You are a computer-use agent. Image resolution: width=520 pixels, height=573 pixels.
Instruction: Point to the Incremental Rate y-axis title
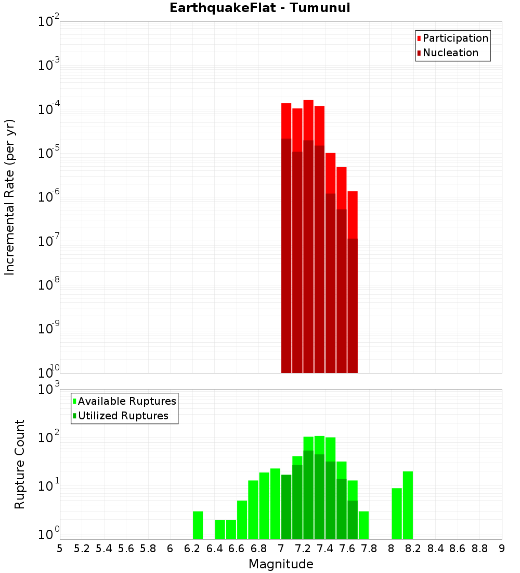[x=10, y=197]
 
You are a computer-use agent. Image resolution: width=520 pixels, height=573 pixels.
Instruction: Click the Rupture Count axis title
[x=20, y=464]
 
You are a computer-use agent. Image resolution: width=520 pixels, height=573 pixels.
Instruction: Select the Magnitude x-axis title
[x=281, y=564]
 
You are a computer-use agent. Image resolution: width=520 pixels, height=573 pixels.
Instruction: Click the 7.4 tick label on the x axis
[x=325, y=549]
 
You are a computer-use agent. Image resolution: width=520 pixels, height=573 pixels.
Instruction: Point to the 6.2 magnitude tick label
[x=192, y=549]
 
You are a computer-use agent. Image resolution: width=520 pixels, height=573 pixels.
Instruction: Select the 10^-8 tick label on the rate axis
[x=49, y=285]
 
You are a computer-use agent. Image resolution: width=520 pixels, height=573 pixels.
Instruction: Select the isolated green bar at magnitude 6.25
[x=198, y=525]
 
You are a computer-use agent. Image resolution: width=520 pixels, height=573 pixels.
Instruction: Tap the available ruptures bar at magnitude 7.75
[x=363, y=525]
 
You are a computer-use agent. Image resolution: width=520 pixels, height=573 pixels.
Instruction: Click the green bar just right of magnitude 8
[x=397, y=514]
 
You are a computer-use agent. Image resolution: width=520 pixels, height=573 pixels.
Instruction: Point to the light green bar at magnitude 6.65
[x=242, y=520]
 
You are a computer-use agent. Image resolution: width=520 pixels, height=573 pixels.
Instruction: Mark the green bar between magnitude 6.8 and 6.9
[x=264, y=506]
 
